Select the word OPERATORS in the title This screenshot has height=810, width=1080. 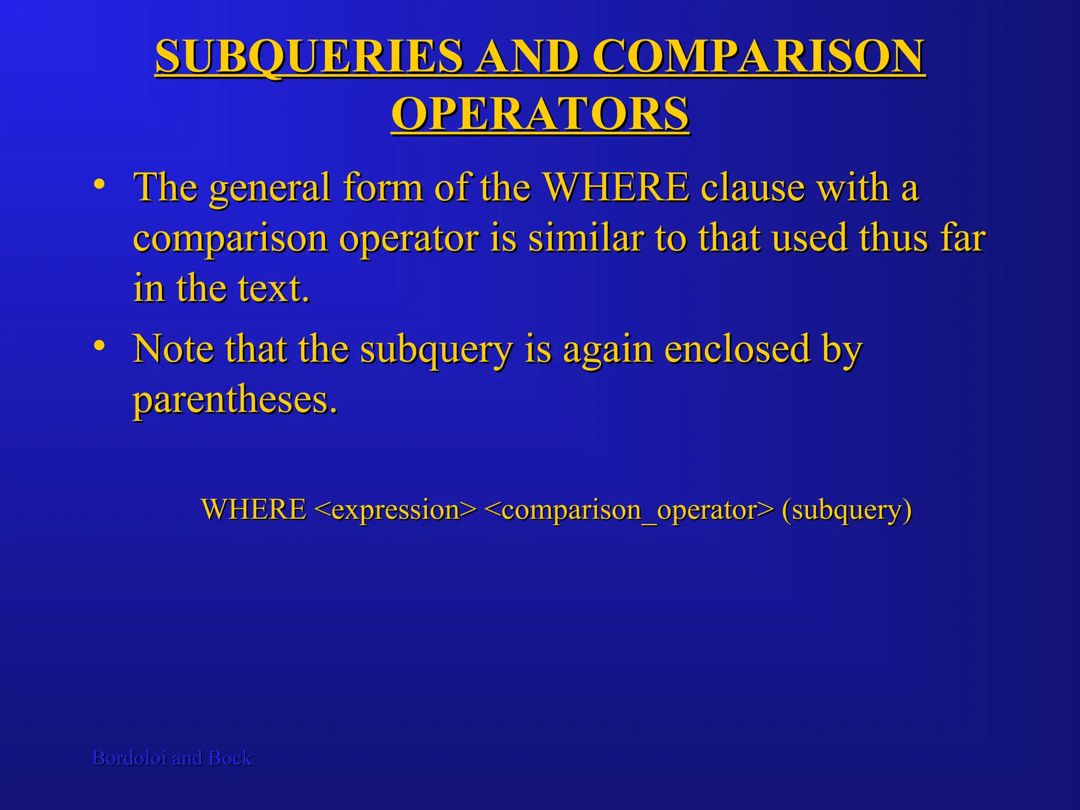coord(540,114)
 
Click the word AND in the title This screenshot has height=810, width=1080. coord(527,57)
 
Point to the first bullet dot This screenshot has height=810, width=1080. coord(98,185)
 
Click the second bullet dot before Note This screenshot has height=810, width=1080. coord(98,346)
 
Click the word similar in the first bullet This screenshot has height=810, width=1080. coord(586,238)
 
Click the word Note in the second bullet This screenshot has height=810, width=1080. coord(173,349)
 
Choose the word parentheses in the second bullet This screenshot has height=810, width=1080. coord(235,400)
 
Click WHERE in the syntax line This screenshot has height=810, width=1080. coord(254,509)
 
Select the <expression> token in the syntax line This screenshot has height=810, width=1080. coord(395,509)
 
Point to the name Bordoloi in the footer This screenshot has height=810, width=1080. coord(129,758)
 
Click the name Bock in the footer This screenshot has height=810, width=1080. coord(230,758)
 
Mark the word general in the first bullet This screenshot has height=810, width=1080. coord(269,189)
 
